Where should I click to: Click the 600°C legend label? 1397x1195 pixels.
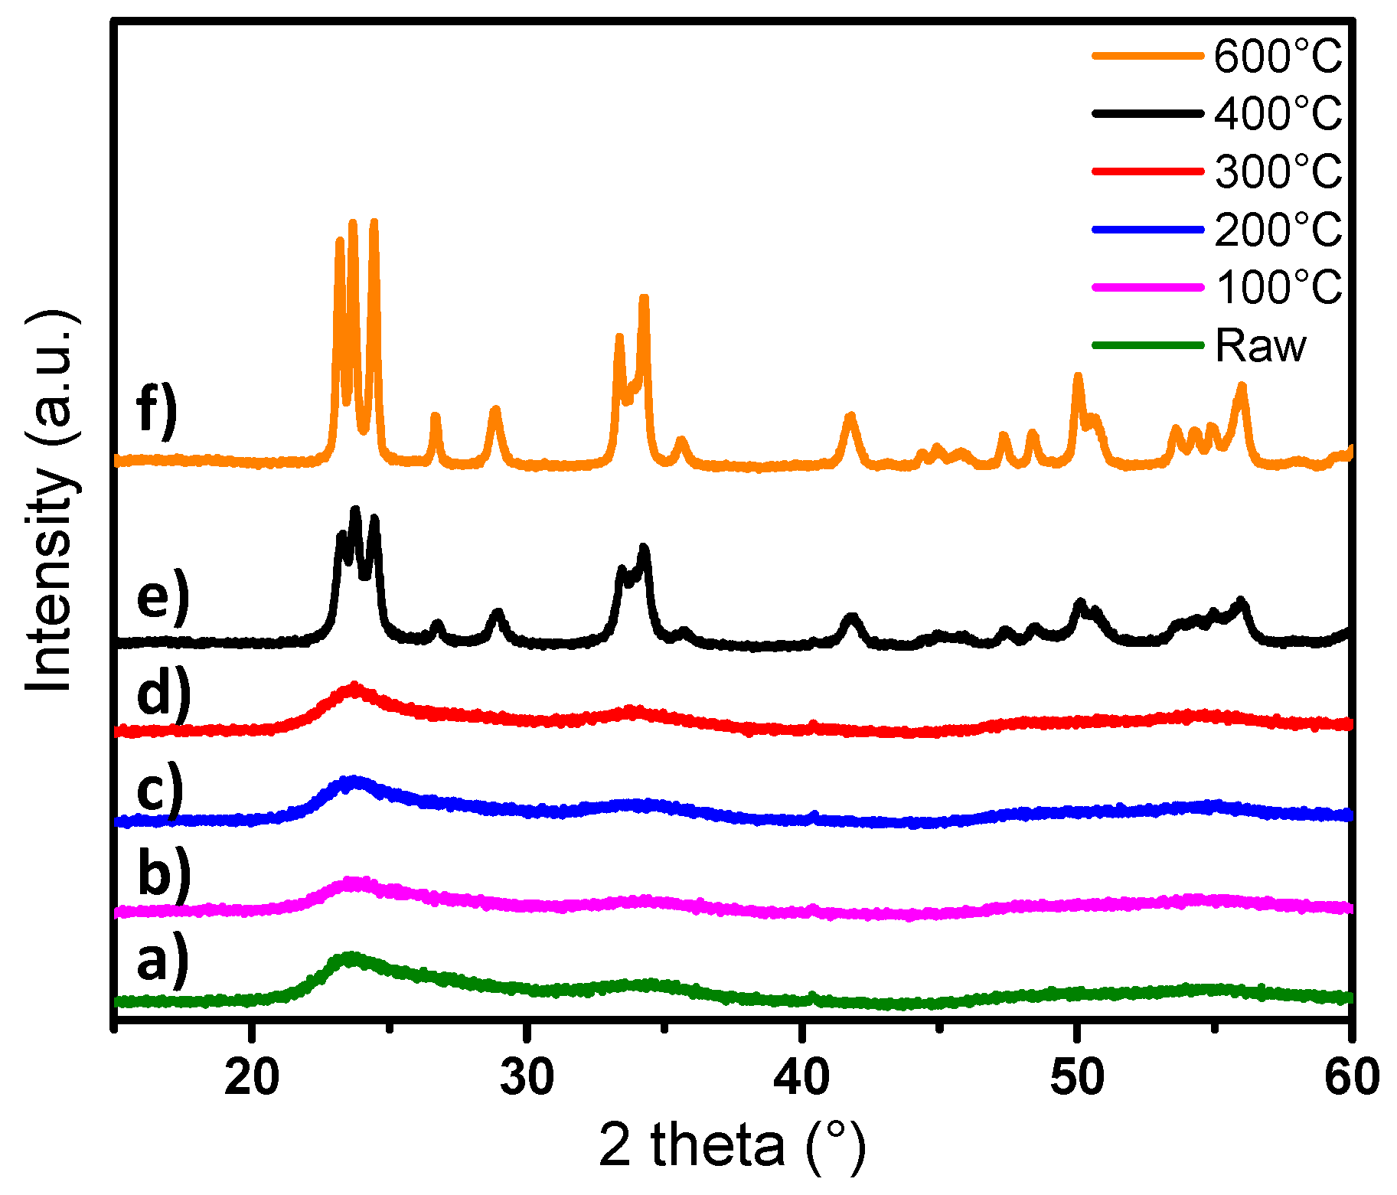tap(1278, 56)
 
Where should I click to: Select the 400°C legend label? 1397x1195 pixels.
tap(1278, 113)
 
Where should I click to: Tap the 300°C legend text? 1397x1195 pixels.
tap(1278, 171)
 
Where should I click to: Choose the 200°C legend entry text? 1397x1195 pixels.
tap(1278, 229)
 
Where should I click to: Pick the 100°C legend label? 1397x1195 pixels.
tap(1278, 287)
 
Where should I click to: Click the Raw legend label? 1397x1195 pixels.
tap(1260, 345)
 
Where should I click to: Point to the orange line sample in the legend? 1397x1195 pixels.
tap(1147, 55)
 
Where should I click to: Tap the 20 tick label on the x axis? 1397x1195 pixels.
tap(252, 1076)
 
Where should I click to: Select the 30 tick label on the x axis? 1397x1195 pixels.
tap(527, 1076)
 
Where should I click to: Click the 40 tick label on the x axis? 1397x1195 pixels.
tap(801, 1076)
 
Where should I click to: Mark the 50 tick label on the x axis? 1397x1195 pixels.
tap(1076, 1076)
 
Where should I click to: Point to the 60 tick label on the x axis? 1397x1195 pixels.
tap(1351, 1076)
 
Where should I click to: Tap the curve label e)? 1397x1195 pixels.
tap(162, 596)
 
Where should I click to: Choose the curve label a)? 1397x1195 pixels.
tap(162, 960)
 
